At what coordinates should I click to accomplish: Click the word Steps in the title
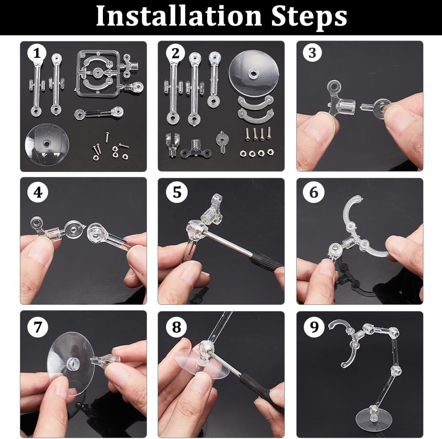click(309, 18)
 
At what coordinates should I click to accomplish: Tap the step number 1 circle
click(37, 53)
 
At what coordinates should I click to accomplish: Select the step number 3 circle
click(312, 53)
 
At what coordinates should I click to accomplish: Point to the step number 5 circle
click(177, 192)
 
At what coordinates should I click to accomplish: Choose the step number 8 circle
click(177, 327)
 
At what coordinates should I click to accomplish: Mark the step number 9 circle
click(314, 326)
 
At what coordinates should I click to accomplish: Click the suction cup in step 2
click(254, 74)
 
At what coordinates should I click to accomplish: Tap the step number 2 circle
click(175, 53)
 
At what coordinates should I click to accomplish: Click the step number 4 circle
click(38, 193)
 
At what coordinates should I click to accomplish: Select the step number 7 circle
click(38, 327)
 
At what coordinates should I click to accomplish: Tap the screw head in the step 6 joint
click(333, 248)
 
